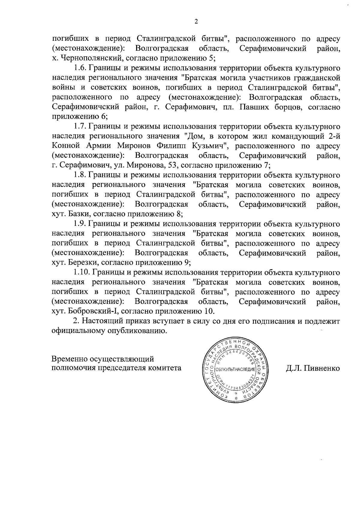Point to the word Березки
coord(83,263)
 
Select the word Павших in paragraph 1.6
coord(256,107)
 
